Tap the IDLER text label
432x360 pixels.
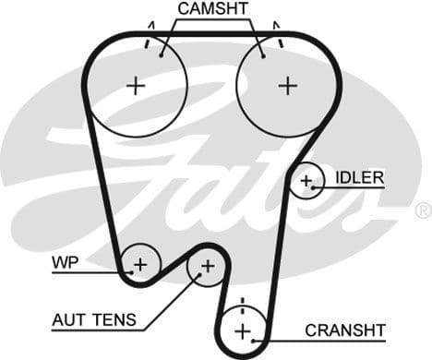[x=359, y=176]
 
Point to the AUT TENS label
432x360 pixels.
[x=94, y=320]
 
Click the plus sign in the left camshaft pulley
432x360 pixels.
[x=137, y=86]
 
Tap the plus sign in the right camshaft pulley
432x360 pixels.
[x=288, y=86]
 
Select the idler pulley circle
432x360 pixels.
[x=306, y=181]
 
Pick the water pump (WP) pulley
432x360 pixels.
[x=140, y=265]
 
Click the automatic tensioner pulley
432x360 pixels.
[x=207, y=267]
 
